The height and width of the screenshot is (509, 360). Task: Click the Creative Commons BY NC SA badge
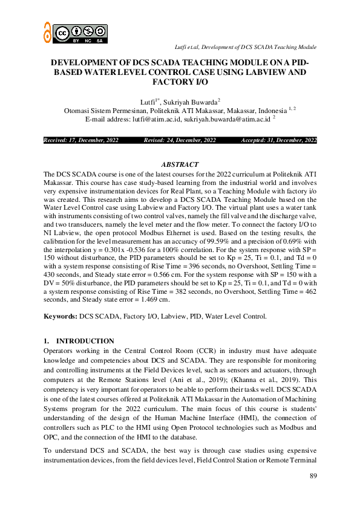pos(80,33)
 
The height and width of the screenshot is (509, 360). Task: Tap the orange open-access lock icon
pos(47,32)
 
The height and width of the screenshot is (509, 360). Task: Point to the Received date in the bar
pos(81,140)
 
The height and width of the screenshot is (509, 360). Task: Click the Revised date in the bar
pos(180,140)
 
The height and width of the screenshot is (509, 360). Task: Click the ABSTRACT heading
pos(180,164)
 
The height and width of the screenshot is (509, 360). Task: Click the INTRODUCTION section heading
pos(85,341)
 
